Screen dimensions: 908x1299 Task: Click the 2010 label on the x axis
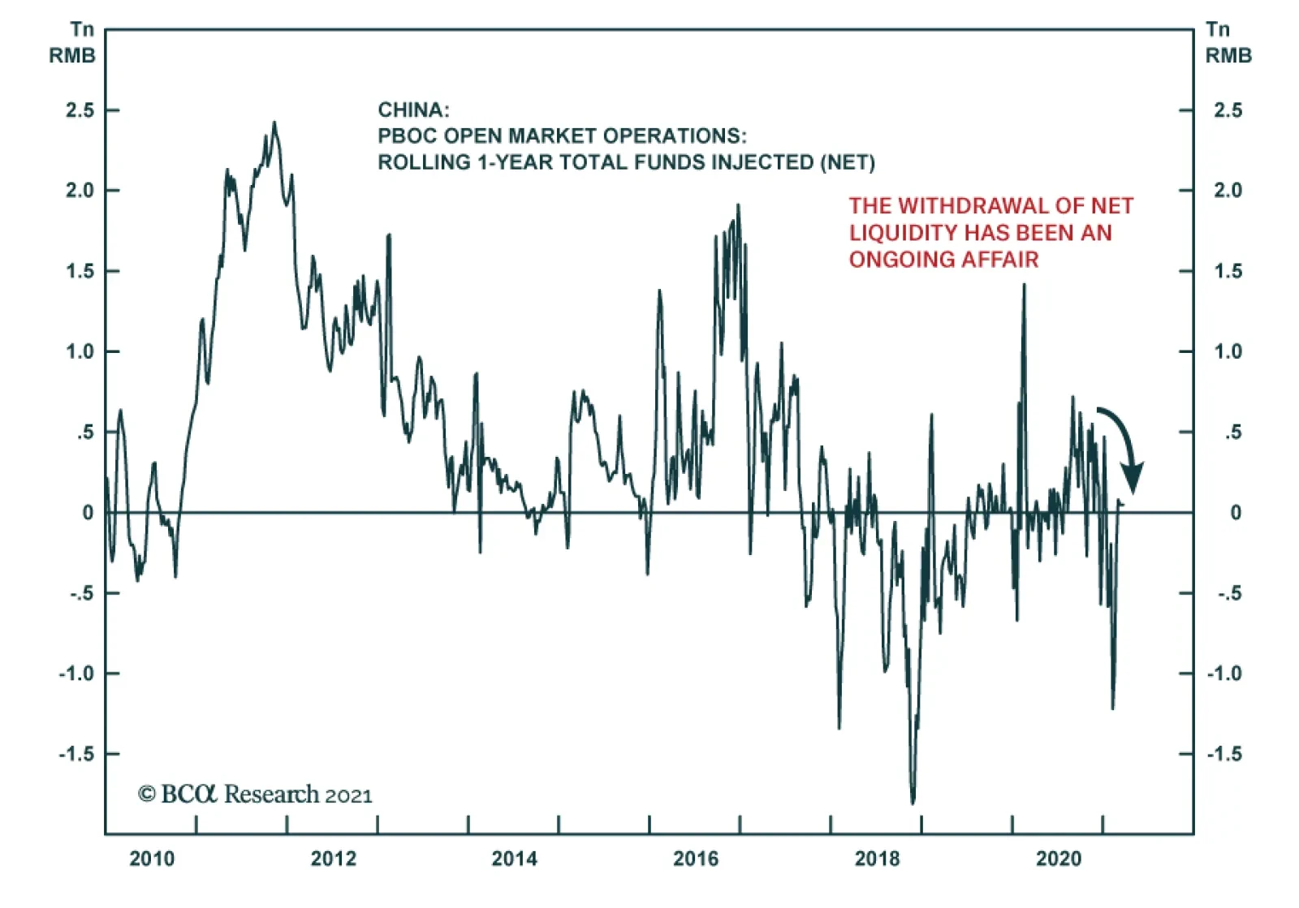[x=152, y=859]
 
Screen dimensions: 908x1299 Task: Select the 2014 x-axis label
[x=514, y=859]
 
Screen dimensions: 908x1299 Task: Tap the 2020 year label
[x=1058, y=859]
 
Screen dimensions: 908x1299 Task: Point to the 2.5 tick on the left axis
[x=80, y=110]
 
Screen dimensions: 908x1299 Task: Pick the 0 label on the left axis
[x=88, y=513]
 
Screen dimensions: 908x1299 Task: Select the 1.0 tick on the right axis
[x=1228, y=351]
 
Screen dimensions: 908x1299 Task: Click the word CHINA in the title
[x=412, y=110]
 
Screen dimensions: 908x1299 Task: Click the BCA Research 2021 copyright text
[x=255, y=794]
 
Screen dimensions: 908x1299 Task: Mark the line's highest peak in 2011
[x=274, y=123]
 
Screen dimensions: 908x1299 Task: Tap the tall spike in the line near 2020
[x=1024, y=285]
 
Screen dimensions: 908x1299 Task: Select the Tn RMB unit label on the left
[x=73, y=42]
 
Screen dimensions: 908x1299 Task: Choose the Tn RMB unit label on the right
[x=1227, y=42]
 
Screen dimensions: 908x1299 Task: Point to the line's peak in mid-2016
[x=738, y=205]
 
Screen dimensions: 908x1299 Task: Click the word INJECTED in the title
[x=762, y=162]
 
